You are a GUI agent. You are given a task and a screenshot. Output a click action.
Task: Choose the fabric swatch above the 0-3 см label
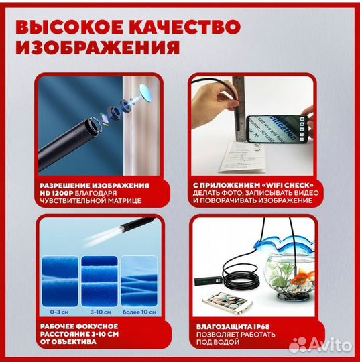tap(59, 282)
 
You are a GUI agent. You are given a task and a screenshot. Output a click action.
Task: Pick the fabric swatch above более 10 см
tap(141, 282)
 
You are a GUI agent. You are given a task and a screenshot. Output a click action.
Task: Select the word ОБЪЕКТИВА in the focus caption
tap(73, 342)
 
